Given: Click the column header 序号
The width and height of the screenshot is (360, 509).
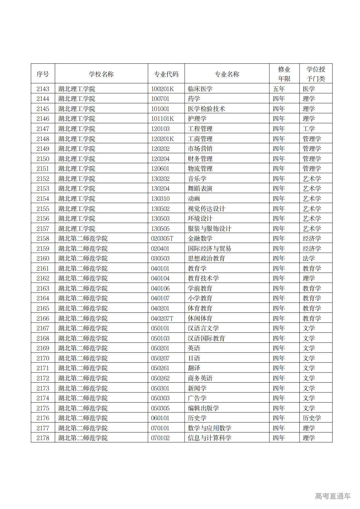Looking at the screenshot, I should (43, 74).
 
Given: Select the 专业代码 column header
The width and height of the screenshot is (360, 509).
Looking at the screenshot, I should (166, 74).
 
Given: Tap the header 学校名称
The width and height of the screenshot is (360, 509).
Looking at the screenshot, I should (101, 74).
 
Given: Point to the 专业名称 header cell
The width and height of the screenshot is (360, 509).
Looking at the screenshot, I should (227, 74).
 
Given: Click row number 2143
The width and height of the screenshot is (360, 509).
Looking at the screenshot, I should (43, 89).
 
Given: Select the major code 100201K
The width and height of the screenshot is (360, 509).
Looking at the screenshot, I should (163, 89).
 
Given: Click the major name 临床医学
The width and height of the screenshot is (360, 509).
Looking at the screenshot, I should (200, 89).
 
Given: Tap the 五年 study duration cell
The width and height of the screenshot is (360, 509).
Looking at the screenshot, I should (279, 89).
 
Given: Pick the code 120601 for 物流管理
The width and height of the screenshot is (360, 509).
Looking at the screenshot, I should (160, 168).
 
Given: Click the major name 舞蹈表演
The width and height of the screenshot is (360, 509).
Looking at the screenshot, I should (200, 188).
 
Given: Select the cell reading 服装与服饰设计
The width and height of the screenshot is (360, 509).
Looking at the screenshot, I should (210, 229).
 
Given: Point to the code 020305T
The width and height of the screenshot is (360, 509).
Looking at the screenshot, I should (162, 238).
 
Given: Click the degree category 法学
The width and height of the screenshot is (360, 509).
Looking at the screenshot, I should (309, 258).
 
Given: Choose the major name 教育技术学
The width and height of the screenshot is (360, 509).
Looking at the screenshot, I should (203, 278).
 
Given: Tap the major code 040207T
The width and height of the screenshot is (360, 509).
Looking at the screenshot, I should (162, 318).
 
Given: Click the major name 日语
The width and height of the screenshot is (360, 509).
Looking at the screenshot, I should (194, 358).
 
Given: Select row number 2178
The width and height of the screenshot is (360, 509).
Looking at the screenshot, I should (43, 438).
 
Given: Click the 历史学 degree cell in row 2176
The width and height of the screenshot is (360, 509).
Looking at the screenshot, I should (312, 418).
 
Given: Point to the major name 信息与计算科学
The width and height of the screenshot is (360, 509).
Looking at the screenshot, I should (210, 438).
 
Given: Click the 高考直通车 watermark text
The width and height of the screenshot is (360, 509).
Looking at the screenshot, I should (333, 496).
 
